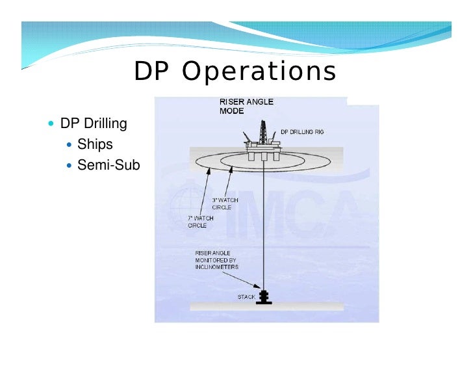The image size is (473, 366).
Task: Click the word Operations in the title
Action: click(259, 73)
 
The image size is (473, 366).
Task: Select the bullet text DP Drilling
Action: click(94, 124)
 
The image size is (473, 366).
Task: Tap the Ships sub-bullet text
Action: click(95, 144)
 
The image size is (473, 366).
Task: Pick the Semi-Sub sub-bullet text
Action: click(109, 165)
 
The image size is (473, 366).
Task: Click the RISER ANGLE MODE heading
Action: click(246, 107)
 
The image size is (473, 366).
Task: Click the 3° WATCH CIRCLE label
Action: click(225, 203)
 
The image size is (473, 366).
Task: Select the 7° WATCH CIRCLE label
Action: click(201, 222)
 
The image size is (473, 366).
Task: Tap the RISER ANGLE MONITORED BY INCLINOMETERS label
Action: click(217, 259)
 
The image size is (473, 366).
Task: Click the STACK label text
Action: click(246, 297)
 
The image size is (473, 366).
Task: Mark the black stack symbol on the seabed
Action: click(264, 296)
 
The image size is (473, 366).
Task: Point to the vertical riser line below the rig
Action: click(263, 221)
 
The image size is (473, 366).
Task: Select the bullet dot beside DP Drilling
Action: click(52, 124)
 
